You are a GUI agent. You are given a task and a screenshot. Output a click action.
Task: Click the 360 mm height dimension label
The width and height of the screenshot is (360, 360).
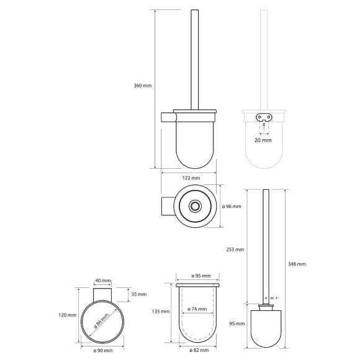point(143,86)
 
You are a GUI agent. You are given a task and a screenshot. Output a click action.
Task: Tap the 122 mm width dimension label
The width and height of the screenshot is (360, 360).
point(191,178)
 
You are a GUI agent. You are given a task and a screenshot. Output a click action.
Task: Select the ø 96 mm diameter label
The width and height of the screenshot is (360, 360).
point(232,207)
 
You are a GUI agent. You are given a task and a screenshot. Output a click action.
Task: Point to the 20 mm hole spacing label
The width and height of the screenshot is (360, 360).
point(263,140)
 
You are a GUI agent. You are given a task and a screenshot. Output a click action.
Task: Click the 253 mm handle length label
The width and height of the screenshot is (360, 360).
point(235,250)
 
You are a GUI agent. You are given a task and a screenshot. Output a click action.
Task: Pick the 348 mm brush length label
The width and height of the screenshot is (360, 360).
point(297,264)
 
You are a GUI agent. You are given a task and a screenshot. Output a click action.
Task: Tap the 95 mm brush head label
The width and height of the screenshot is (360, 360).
point(237,324)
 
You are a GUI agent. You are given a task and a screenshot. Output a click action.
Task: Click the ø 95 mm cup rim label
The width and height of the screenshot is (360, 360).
point(201,276)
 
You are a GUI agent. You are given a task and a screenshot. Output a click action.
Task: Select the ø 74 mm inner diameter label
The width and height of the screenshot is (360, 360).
point(197,309)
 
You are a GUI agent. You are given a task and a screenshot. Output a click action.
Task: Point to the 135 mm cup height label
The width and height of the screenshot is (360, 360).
point(161,312)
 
